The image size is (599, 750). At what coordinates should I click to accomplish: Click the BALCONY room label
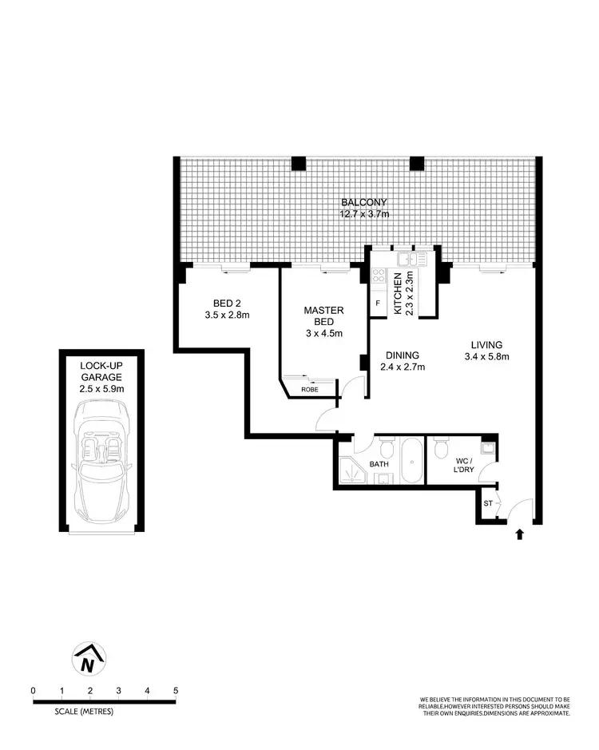click(357, 203)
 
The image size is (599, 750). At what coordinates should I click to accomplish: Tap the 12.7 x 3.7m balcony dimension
click(357, 215)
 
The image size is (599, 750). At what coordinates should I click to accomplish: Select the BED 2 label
click(228, 304)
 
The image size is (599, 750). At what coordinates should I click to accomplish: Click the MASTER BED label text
click(323, 316)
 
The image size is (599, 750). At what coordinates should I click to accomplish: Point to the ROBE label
click(309, 390)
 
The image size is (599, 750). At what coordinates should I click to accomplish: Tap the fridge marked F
click(377, 304)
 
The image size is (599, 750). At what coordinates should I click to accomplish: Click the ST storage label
click(486, 503)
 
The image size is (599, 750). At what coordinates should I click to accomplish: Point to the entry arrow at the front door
click(520, 534)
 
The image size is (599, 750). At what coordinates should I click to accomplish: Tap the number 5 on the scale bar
click(175, 690)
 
